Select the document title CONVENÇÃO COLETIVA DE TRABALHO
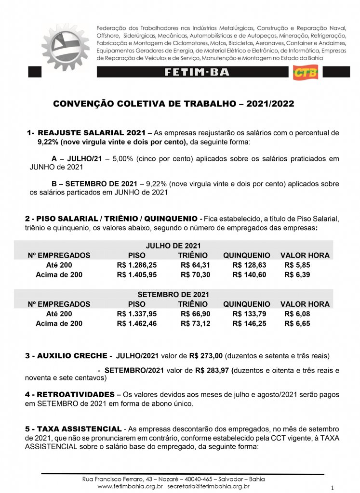(173, 104)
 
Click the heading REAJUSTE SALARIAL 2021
(91, 132)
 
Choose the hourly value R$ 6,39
(297, 274)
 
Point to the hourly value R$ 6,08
(297, 314)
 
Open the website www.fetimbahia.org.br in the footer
(131, 486)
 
